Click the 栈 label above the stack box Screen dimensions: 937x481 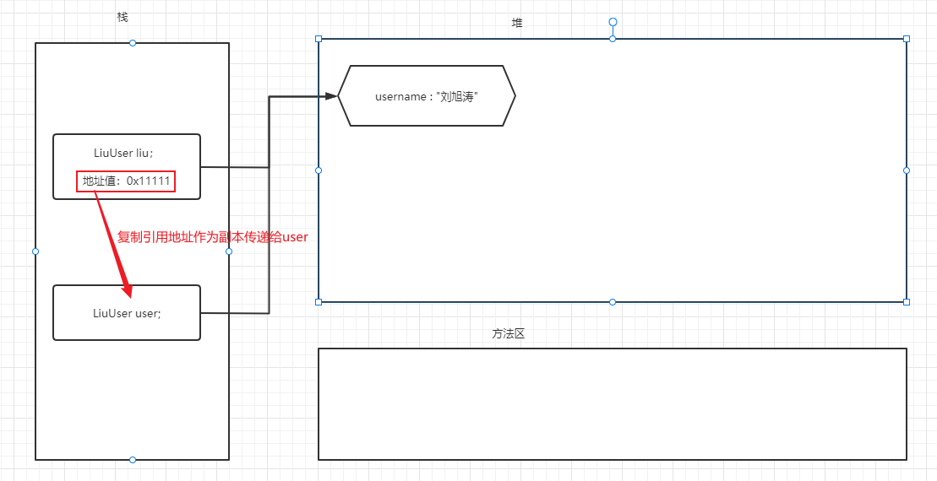[x=123, y=18]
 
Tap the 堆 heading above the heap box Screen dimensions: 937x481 [x=517, y=23]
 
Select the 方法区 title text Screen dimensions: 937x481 [x=509, y=333]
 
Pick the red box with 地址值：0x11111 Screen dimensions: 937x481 [x=126, y=181]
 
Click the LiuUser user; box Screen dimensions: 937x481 [x=127, y=312]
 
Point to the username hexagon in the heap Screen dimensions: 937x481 [x=427, y=96]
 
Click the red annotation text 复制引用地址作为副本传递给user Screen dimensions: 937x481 [x=213, y=237]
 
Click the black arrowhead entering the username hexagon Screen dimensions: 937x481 [x=331, y=96]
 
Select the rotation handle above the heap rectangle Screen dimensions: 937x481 [x=613, y=22]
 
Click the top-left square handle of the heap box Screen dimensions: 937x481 [x=319, y=39]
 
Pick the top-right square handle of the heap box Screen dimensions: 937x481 [x=907, y=39]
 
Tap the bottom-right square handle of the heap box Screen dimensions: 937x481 [x=907, y=301]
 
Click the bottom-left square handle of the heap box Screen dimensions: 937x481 [x=319, y=301]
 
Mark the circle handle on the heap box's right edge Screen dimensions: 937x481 [x=907, y=170]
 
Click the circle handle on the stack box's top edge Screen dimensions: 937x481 [x=133, y=43]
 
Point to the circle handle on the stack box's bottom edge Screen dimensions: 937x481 [x=133, y=460]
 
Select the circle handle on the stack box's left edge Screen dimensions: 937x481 [x=35, y=251]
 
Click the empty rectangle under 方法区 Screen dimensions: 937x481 [x=613, y=404]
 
